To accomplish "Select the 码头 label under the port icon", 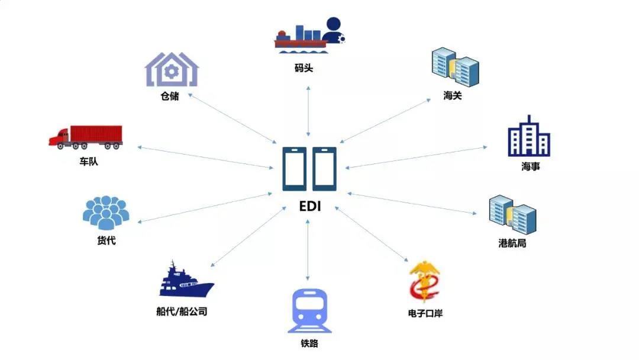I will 304,68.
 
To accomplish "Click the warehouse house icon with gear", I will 172,70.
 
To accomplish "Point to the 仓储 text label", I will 170,96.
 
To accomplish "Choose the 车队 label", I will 89,161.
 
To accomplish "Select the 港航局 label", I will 512,243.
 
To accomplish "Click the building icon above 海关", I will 454,67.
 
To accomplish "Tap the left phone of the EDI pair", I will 294,169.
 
